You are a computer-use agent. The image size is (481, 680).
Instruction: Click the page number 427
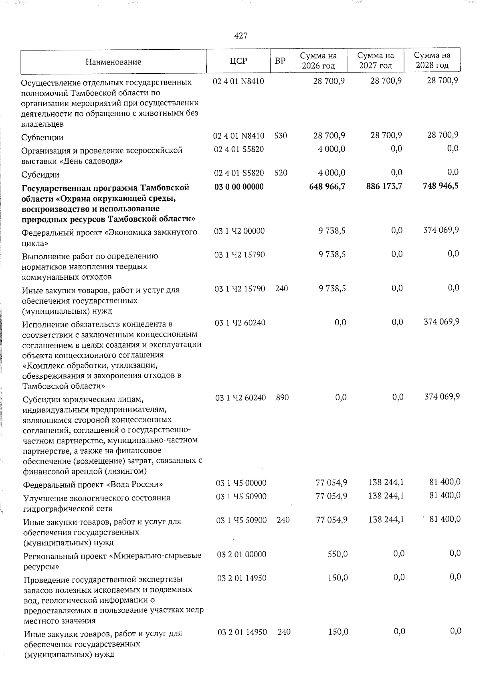240,36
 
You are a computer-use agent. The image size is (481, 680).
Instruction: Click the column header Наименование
113,62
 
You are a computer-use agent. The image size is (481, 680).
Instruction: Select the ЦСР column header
238,61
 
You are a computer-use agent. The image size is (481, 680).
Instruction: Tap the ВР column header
280,61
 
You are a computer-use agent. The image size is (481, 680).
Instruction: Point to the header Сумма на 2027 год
376,61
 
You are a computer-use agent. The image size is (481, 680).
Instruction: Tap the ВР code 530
281,135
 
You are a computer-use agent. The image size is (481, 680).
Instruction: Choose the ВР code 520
281,173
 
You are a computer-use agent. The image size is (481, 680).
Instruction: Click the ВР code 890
282,398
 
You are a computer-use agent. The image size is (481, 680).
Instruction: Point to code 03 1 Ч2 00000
239,231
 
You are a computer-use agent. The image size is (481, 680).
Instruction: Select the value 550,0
338,554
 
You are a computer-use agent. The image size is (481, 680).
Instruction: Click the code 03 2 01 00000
242,554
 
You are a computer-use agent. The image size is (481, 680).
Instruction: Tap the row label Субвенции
42,137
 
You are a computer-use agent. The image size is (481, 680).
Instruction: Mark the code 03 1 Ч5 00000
241,483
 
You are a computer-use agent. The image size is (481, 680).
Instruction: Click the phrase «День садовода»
92,161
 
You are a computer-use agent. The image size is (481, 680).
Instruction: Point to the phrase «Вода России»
136,484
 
